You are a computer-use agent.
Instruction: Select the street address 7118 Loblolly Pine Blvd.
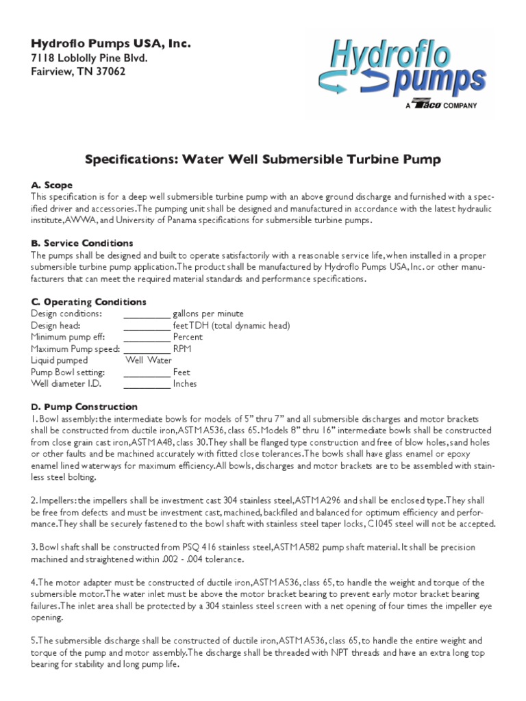point(90,58)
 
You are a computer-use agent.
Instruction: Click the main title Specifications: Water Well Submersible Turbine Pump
point(262,160)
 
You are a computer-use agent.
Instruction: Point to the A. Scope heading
point(51,185)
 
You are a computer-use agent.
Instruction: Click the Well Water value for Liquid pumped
point(149,360)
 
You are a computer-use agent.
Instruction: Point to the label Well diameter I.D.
point(63,383)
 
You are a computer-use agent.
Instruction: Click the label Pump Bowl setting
point(68,372)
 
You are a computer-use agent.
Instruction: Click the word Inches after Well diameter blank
point(185,383)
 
